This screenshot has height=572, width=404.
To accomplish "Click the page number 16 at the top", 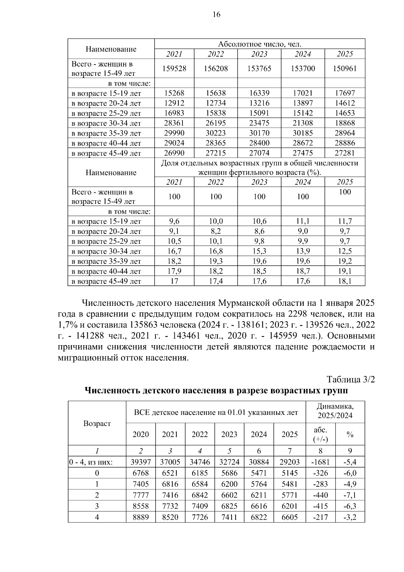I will coord(216,14).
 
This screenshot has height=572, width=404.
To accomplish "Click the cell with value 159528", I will coord(174,68).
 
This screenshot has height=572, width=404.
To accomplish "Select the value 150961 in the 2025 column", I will coord(345,68).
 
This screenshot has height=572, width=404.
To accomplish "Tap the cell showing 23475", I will coord(259,123).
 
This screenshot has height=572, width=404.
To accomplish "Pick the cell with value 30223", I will coord(216,133).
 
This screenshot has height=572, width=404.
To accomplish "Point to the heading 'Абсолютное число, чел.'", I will coord(260,44).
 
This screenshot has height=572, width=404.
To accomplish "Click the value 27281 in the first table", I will coord(345,153).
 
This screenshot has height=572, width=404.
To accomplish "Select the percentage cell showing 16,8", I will coord(216,251).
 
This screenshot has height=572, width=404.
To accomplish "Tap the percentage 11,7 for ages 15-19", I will coord(345,221).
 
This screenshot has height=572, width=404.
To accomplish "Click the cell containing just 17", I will coord(174,281).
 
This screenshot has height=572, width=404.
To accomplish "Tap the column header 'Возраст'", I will coord(97,423).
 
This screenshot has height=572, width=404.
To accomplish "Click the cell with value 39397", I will coord(141,462).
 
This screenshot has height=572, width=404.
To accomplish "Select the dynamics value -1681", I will coord(321,462).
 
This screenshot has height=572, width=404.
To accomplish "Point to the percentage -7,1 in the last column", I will coord(350,495).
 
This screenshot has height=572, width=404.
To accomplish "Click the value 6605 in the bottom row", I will coord(290,517).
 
